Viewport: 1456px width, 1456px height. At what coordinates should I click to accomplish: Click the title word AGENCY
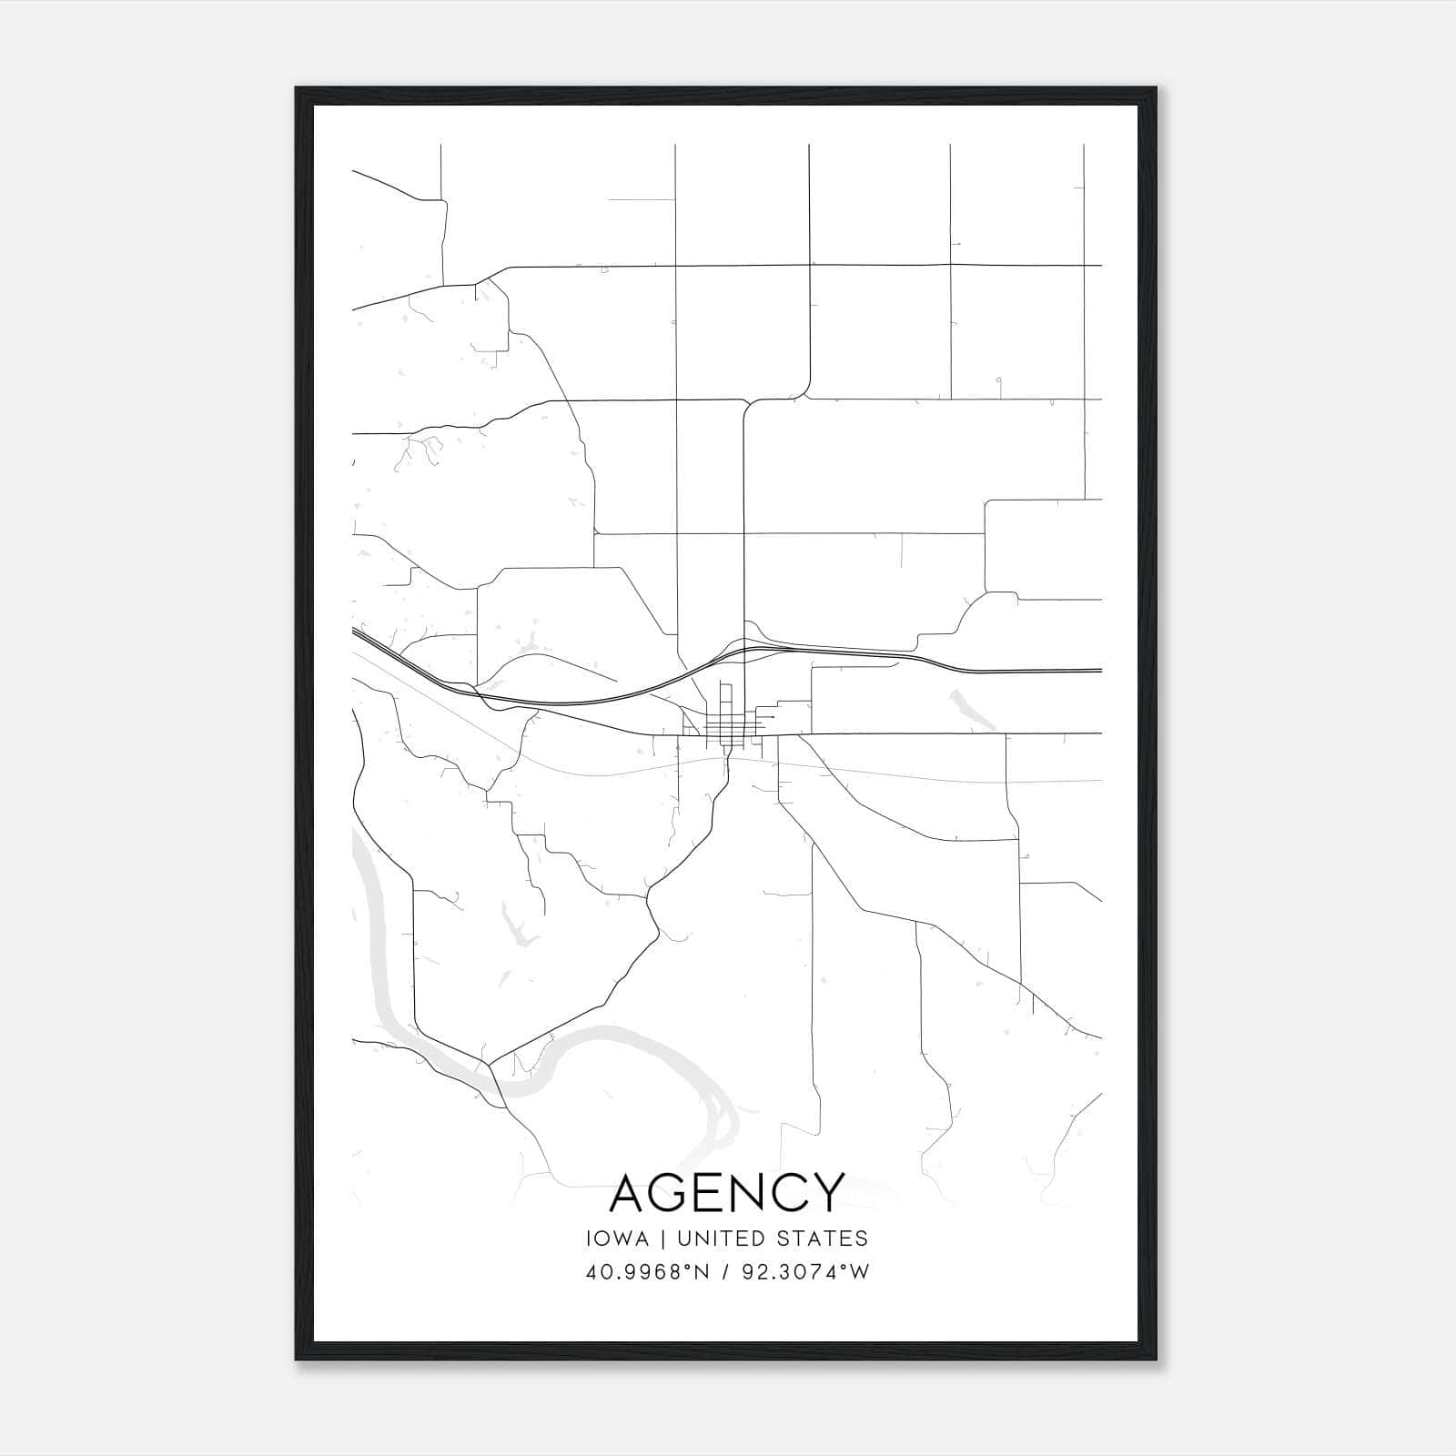click(x=727, y=1192)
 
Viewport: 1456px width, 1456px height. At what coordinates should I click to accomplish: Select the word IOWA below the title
click(x=618, y=1239)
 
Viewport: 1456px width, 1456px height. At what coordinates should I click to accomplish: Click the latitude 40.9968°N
click(x=647, y=1272)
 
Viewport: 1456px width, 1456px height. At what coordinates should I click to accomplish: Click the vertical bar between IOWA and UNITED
click(x=662, y=1239)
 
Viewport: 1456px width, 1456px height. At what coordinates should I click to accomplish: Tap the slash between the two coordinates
click(x=725, y=1272)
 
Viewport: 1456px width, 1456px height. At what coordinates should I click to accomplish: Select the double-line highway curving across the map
click(x=582, y=702)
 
